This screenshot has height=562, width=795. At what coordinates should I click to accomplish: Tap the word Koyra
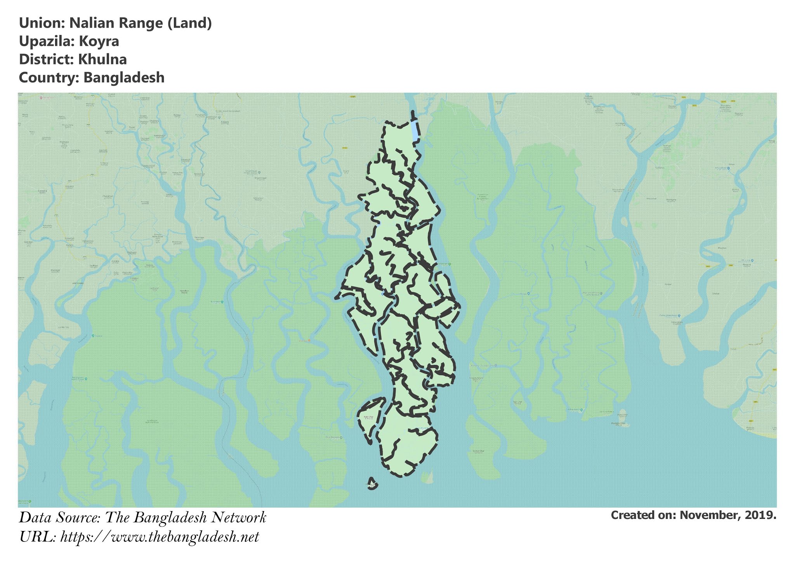click(x=99, y=41)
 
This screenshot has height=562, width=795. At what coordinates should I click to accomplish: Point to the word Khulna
click(x=102, y=59)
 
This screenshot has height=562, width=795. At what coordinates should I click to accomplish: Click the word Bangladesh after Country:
click(x=124, y=78)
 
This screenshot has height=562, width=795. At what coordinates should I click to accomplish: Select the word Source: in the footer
click(x=79, y=517)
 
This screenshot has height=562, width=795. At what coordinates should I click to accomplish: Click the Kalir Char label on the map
click(x=368, y=418)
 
